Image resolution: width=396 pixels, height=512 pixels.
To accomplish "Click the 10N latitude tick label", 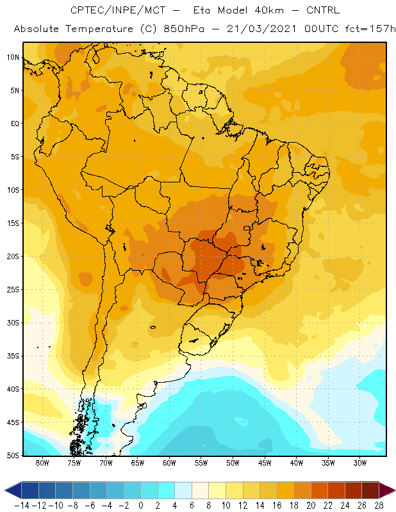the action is click(13, 58).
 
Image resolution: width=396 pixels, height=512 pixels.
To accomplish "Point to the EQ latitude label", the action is click(15, 124).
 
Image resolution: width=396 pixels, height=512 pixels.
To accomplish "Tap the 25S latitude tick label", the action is click(13, 290).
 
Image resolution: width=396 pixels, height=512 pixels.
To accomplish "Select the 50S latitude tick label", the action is click(13, 456).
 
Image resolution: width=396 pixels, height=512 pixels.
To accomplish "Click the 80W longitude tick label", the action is click(42, 463).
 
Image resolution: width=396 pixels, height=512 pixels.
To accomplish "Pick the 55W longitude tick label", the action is click(201, 463).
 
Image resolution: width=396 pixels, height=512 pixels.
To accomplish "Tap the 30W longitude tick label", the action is click(359, 463).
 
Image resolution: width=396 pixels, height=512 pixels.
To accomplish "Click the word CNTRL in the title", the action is click(323, 10).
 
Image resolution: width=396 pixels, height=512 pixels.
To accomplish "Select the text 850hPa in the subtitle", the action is click(184, 29).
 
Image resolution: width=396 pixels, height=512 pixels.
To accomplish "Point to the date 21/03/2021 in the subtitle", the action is click(261, 29).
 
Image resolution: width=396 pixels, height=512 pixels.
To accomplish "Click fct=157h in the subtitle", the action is click(370, 29).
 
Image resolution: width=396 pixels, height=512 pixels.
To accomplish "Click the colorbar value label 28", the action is click(379, 506).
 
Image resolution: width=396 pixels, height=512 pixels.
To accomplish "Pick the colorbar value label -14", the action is click(22, 506).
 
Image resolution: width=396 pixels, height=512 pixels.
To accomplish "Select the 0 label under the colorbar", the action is click(140, 506).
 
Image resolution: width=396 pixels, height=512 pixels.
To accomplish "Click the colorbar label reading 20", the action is click(311, 506).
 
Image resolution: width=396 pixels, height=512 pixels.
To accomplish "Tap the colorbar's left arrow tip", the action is click(4, 490).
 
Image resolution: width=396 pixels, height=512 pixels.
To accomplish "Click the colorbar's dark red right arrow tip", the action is click(395, 490).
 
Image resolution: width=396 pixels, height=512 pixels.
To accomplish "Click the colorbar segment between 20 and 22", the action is click(320, 490).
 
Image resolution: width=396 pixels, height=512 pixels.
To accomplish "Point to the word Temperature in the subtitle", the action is click(99, 29).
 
